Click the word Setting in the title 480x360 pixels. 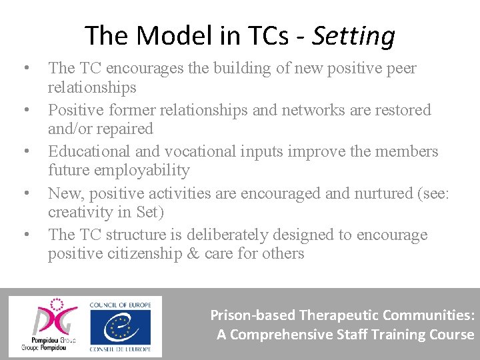pos(353,35)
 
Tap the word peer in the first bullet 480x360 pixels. pos(397,68)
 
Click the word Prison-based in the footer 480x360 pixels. pos(253,315)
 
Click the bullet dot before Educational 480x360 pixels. pos(26,151)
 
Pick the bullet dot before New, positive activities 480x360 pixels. pos(26,193)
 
